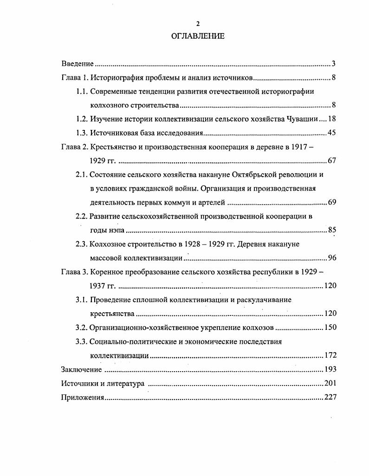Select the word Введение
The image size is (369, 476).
point(78,64)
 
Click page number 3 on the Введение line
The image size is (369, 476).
point(334,64)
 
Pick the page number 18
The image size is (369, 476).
point(331,119)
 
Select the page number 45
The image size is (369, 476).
point(331,133)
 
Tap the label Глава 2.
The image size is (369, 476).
point(74,147)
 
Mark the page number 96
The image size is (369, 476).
point(331,258)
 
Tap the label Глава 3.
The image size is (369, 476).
point(74,272)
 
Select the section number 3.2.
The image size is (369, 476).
point(82,328)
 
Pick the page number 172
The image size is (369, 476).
point(330,355)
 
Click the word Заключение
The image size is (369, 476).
point(81,369)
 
